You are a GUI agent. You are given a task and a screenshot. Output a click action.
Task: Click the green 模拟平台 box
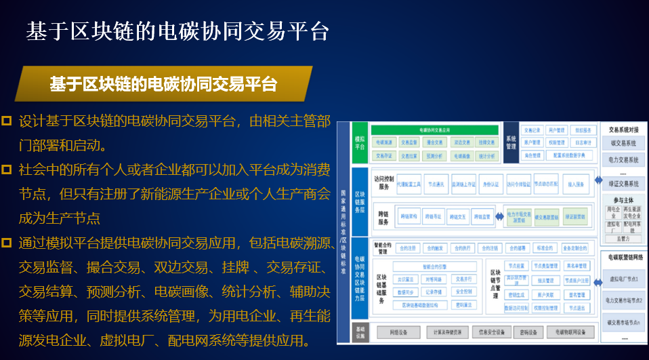pyautogui.click(x=359, y=142)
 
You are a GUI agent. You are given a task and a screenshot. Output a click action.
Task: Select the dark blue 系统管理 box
pyautogui.click(x=511, y=142)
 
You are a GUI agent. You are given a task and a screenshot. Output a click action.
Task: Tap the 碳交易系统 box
pyautogui.click(x=623, y=144)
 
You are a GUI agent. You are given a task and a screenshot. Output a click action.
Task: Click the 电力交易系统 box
pyautogui.click(x=623, y=160)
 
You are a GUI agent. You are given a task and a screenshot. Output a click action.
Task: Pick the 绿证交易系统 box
pyautogui.click(x=623, y=183)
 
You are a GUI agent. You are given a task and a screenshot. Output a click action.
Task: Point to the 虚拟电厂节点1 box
pyautogui.click(x=623, y=279)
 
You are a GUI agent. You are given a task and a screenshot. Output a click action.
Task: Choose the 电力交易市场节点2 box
pyautogui.click(x=623, y=298)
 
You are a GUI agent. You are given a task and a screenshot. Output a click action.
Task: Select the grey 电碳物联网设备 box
pyautogui.click(x=571, y=332)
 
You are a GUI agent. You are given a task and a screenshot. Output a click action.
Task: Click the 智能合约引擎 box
pyautogui.click(x=434, y=266)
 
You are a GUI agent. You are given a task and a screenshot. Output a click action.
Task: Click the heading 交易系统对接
pyautogui.click(x=623, y=129)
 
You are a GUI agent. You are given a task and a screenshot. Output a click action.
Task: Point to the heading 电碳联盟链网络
pyautogui.click(x=623, y=258)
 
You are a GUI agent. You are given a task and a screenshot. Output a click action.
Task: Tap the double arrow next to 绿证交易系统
pyautogui.click(x=597, y=181)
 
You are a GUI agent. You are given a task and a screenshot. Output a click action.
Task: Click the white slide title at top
pyautogui.click(x=177, y=31)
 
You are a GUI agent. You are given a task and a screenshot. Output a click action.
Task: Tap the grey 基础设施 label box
pyautogui.click(x=359, y=332)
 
